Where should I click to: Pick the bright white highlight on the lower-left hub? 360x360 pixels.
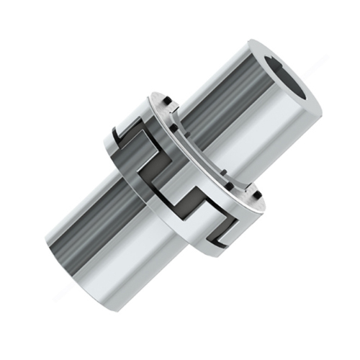tap(115, 259)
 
